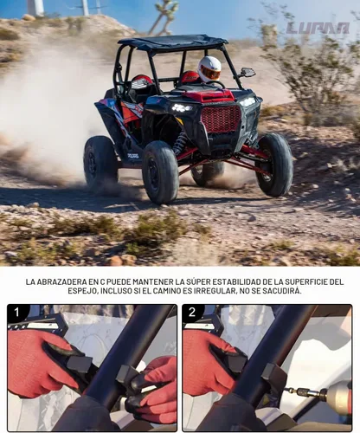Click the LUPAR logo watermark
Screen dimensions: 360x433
tap(318, 28)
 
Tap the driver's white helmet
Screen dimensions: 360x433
tap(209, 68)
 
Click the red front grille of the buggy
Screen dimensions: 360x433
tap(221, 119)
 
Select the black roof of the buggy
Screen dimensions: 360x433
tap(172, 42)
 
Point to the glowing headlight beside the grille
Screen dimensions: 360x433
tap(182, 108)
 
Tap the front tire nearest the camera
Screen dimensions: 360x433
tap(160, 172)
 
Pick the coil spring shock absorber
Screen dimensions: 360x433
tap(181, 143)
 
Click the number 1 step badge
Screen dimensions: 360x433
tap(16, 313)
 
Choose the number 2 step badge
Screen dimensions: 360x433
tap(192, 313)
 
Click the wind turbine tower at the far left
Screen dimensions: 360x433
tap(35, 8)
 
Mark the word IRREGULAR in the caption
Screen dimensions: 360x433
tap(214, 291)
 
